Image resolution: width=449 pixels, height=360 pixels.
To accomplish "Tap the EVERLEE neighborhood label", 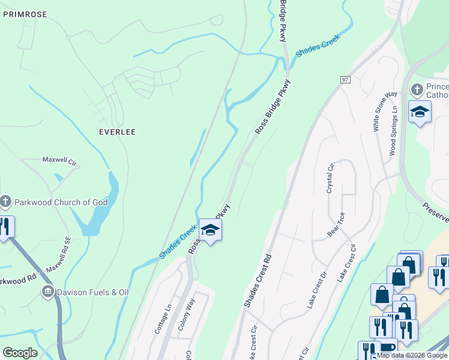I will pyautogui.click(x=118, y=131).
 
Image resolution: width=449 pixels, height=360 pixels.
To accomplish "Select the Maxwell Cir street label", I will pyautogui.click(x=59, y=161).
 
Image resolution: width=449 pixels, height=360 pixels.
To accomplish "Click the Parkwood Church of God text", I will pyautogui.click(x=61, y=202).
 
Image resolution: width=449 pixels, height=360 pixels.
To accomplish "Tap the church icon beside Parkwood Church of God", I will pyautogui.click(x=5, y=202).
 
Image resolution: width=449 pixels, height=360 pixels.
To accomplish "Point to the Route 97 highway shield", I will pyautogui.click(x=345, y=80).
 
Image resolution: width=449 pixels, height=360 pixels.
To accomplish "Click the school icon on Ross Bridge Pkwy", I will pyautogui.click(x=210, y=230).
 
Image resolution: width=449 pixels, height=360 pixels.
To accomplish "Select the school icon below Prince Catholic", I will pyautogui.click(x=420, y=112).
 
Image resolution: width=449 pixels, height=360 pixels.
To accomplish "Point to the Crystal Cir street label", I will pyautogui.click(x=330, y=178).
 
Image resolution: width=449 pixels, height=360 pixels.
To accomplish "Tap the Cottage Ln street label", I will pyautogui.click(x=163, y=319).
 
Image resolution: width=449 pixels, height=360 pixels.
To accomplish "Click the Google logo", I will pyautogui.click(x=20, y=353).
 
